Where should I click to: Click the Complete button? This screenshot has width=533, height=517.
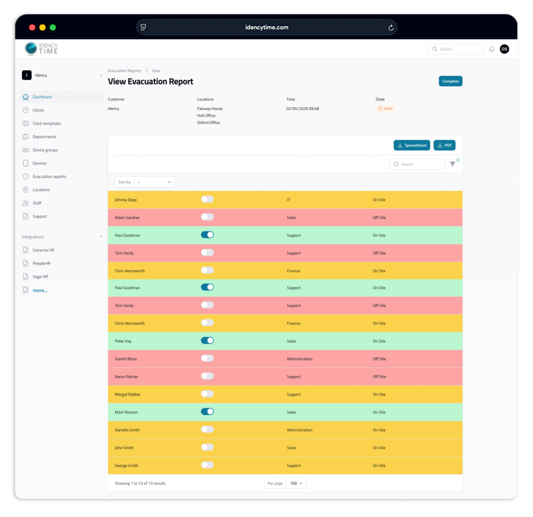450,81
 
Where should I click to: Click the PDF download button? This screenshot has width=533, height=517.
444,145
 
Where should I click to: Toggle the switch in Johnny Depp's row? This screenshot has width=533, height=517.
207,199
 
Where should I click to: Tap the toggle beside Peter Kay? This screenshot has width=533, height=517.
207,341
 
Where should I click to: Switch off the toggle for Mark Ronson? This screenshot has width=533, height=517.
207,412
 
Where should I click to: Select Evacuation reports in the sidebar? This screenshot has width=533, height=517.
49,177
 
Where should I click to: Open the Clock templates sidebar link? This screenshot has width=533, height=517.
47,123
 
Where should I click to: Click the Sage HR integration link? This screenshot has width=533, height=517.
40,277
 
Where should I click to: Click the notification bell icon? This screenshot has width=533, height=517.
492,49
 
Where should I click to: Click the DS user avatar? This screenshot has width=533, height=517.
504,49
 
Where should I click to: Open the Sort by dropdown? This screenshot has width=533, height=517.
154,182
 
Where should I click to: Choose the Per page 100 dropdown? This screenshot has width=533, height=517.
296,483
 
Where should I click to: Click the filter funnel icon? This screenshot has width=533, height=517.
452,164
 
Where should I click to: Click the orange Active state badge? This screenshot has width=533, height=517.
386,109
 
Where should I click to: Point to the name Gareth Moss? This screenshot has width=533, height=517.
126,359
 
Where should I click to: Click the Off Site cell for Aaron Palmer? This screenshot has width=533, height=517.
379,377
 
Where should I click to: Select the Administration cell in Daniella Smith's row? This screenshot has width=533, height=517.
299,430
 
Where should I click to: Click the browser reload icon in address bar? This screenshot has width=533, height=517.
391,28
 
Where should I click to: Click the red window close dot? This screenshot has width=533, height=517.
32,28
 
